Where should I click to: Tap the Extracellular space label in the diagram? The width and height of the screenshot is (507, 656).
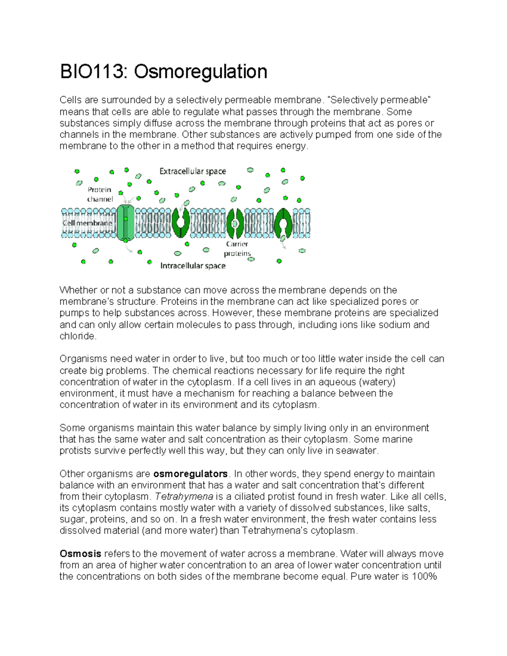click(192, 171)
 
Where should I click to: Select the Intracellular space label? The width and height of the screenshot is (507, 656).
click(193, 266)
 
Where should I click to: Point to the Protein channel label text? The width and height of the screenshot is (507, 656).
click(100, 194)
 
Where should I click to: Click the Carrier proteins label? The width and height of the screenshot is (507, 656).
click(237, 249)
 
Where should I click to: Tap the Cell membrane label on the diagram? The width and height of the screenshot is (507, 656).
click(87, 223)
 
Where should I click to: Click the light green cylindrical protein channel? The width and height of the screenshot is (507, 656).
click(125, 223)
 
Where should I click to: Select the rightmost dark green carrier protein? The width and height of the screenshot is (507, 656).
click(283, 223)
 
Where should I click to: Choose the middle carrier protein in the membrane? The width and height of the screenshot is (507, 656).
click(235, 223)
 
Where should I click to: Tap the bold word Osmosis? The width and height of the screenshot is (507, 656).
click(80, 553)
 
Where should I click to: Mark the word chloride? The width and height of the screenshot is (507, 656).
click(78, 336)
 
